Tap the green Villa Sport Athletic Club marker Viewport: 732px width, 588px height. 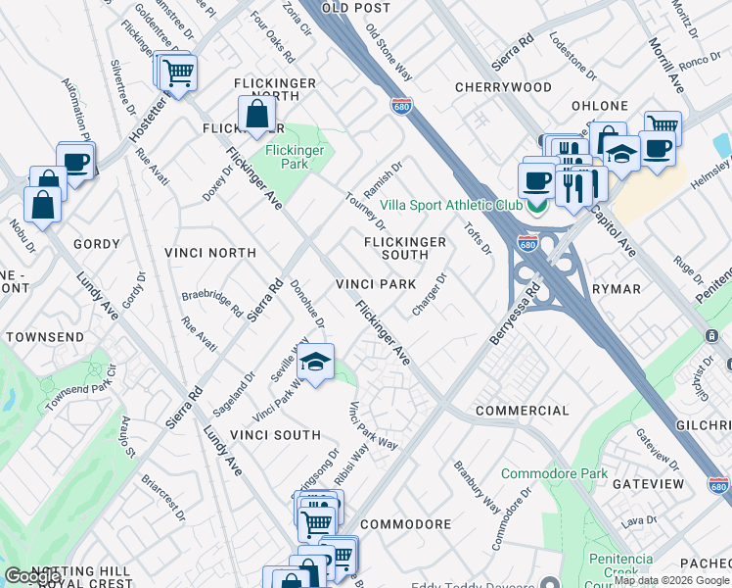click(534, 206)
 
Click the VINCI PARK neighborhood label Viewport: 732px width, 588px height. click(376, 284)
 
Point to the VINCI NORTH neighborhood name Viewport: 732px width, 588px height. click(210, 253)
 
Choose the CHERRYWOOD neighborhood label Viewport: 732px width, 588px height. click(503, 87)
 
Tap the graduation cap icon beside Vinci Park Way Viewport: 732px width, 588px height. click(315, 363)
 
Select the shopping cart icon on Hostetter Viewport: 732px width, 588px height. click(177, 73)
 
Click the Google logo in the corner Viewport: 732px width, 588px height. click(33, 576)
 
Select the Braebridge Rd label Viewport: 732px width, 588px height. click(212, 302)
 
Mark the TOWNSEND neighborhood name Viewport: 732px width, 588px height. click(45, 336)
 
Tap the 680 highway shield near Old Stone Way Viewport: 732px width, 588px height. click(400, 105)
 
